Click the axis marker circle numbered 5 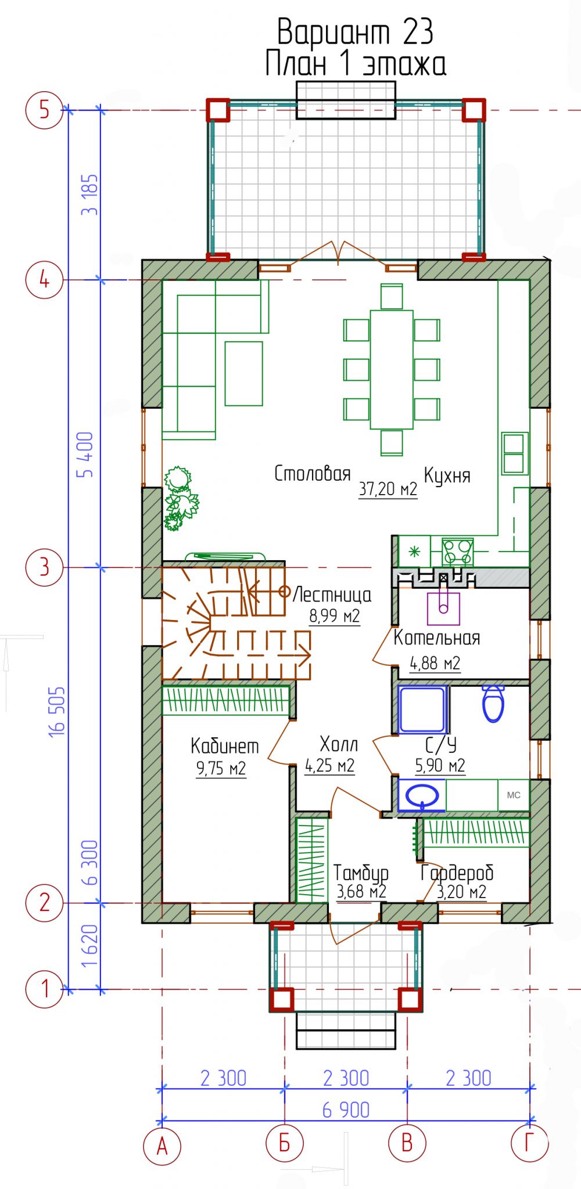pos(44,110)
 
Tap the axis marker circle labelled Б pos(285,1144)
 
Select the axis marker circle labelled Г pos(529,1144)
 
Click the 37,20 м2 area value pos(388,489)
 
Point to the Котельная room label pos(437,637)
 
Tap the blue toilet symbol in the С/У pos(493,703)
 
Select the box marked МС pos(514,795)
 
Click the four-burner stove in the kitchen pos(457,552)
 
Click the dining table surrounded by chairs pos(392,369)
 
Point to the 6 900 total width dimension pos(346,1110)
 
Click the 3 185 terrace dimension pos(90,195)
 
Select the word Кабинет pos(224,746)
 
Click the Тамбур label pos(361,873)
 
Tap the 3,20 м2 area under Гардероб pos(461,891)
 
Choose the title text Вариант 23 pos(355,32)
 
